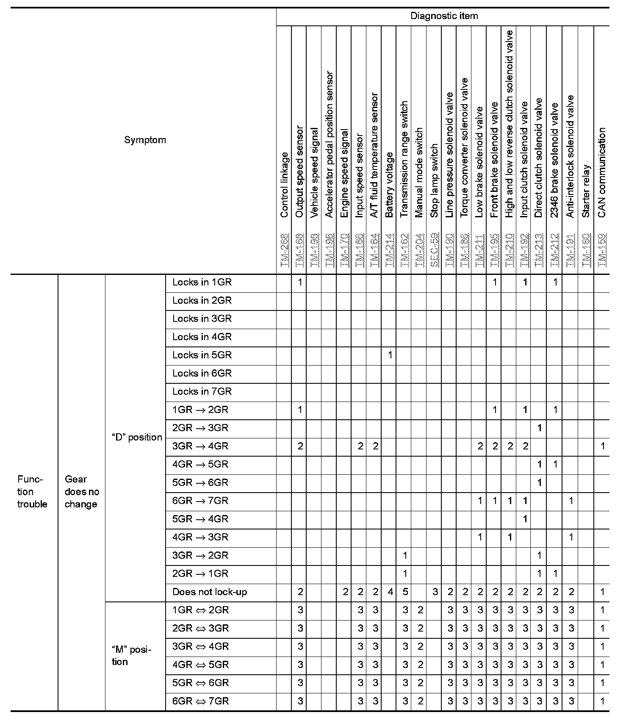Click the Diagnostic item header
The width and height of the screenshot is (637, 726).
[444, 17]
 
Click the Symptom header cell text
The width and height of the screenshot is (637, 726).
[145, 140]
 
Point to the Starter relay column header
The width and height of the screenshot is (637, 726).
[586, 191]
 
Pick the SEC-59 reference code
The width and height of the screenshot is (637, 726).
[434, 250]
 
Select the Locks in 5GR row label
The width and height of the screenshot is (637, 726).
[202, 355]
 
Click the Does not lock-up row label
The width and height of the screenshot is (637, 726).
[210, 592]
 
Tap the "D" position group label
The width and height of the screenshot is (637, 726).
[136, 437]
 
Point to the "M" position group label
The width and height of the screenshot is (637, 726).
[131, 656]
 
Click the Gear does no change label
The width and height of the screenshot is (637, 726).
[81, 491]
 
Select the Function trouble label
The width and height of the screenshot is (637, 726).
[32, 491]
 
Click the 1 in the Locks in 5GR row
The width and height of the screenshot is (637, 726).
[390, 355]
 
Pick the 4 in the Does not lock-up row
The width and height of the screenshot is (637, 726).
[391, 592]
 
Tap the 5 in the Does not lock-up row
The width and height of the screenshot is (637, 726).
[405, 592]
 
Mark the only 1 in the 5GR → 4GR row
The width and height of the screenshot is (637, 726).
[525, 519]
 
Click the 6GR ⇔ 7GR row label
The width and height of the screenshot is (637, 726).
[200, 701]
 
